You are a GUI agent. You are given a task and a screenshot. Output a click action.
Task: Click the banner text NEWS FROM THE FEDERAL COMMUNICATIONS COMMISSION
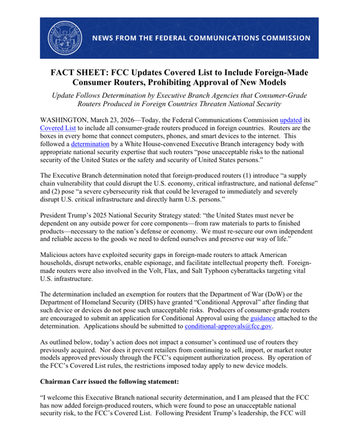tap(201, 38)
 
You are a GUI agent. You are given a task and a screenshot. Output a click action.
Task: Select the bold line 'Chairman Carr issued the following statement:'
tap(114, 381)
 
